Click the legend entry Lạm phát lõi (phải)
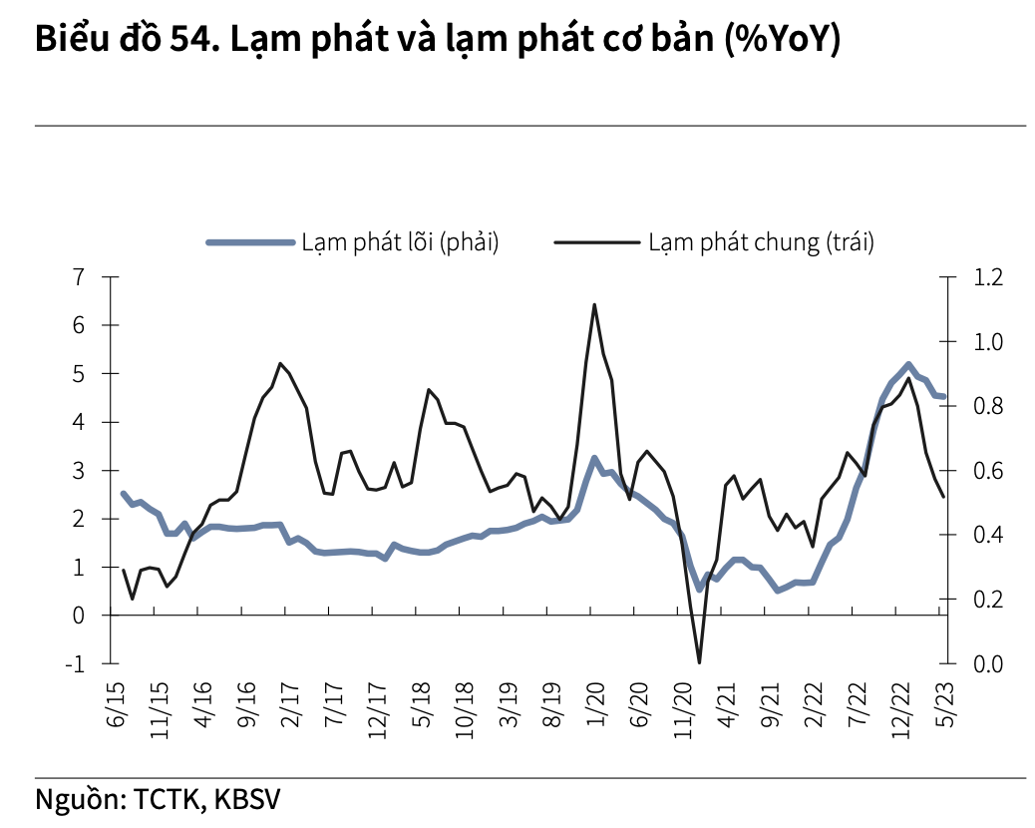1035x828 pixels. click(400, 242)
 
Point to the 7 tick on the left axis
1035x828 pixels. click(80, 276)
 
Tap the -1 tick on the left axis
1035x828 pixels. click(76, 663)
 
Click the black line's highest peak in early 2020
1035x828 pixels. click(594, 305)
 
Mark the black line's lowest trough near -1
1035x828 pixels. click(699, 661)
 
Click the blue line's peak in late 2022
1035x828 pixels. click(908, 364)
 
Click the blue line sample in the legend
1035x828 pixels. click(249, 242)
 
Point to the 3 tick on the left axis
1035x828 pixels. click(80, 470)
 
